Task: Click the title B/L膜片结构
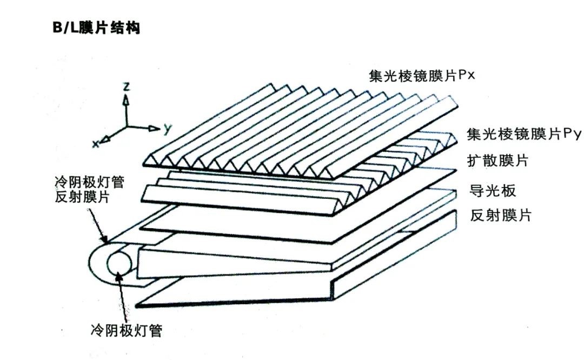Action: [96, 28]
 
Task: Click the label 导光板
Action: [494, 190]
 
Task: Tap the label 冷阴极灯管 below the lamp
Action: [126, 330]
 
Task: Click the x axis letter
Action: [95, 144]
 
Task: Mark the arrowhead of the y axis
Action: [154, 129]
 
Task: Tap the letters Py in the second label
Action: [572, 135]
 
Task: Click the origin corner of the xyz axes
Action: [126, 128]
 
